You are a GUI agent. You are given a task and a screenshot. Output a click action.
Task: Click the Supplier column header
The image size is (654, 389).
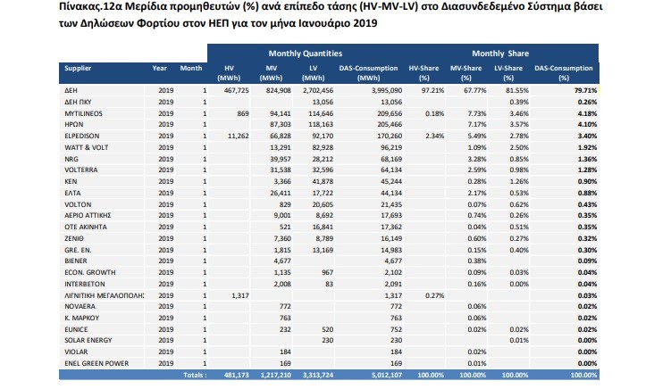[x=78, y=69]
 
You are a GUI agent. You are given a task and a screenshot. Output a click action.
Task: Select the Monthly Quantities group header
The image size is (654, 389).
[x=306, y=54]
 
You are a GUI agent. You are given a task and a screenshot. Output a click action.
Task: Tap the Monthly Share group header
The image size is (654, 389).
[x=500, y=54]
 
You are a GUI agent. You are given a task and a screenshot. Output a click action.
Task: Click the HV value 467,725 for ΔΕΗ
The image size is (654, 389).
[x=236, y=90]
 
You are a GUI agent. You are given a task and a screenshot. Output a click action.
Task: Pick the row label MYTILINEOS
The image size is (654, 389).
[x=83, y=113]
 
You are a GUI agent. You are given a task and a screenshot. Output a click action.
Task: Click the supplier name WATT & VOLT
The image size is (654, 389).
[x=87, y=147]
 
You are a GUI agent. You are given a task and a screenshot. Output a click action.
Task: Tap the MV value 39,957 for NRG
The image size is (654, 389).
[x=280, y=159]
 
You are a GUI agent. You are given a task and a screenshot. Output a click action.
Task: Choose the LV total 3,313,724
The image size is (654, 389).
[x=317, y=375]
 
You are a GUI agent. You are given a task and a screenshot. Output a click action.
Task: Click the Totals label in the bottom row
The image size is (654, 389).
[x=195, y=375]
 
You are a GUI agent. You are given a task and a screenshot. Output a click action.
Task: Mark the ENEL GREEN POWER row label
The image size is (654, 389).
[x=96, y=363]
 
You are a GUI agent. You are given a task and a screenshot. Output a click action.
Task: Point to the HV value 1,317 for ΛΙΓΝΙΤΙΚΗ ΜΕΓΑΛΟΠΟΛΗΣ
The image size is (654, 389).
[x=239, y=295]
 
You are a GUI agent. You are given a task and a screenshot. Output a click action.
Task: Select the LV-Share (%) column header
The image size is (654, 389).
[x=508, y=73]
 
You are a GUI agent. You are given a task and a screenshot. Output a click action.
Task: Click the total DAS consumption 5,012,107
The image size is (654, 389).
[x=386, y=375]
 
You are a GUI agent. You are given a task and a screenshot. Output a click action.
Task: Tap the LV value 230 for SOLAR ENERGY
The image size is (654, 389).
[x=327, y=340]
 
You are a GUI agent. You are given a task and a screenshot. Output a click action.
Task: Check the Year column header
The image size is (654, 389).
[x=159, y=69]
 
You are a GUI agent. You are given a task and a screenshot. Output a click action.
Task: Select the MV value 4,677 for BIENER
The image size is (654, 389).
[x=282, y=261]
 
